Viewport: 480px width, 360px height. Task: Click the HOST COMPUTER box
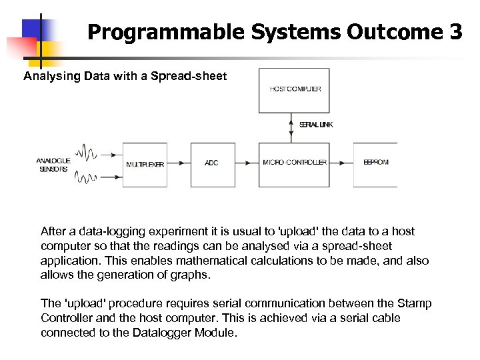pos(294,90)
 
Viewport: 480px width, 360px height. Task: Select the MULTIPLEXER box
pos(145,164)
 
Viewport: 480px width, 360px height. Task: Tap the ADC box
pos(213,164)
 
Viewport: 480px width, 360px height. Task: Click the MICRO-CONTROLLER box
pos(294,164)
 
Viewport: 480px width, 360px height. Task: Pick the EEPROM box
pos(375,164)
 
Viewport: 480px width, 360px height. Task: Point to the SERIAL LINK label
pos(315,125)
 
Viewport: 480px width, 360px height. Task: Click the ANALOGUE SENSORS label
pos(53,165)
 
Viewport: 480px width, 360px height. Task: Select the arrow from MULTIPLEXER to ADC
pos(179,164)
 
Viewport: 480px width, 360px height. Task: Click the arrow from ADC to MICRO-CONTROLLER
pos(247,164)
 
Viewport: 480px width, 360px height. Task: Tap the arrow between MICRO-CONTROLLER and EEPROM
pos(341,164)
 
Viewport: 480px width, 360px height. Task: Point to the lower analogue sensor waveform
pos(87,177)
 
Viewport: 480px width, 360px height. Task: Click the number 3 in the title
pos(455,32)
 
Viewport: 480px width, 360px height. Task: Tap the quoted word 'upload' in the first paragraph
pos(299,232)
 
